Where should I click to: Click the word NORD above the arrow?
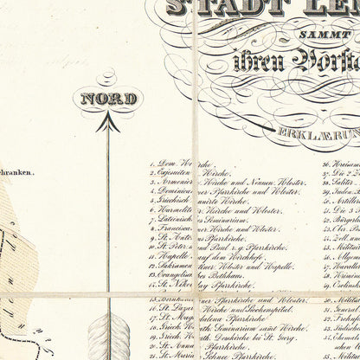tap(108, 99)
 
